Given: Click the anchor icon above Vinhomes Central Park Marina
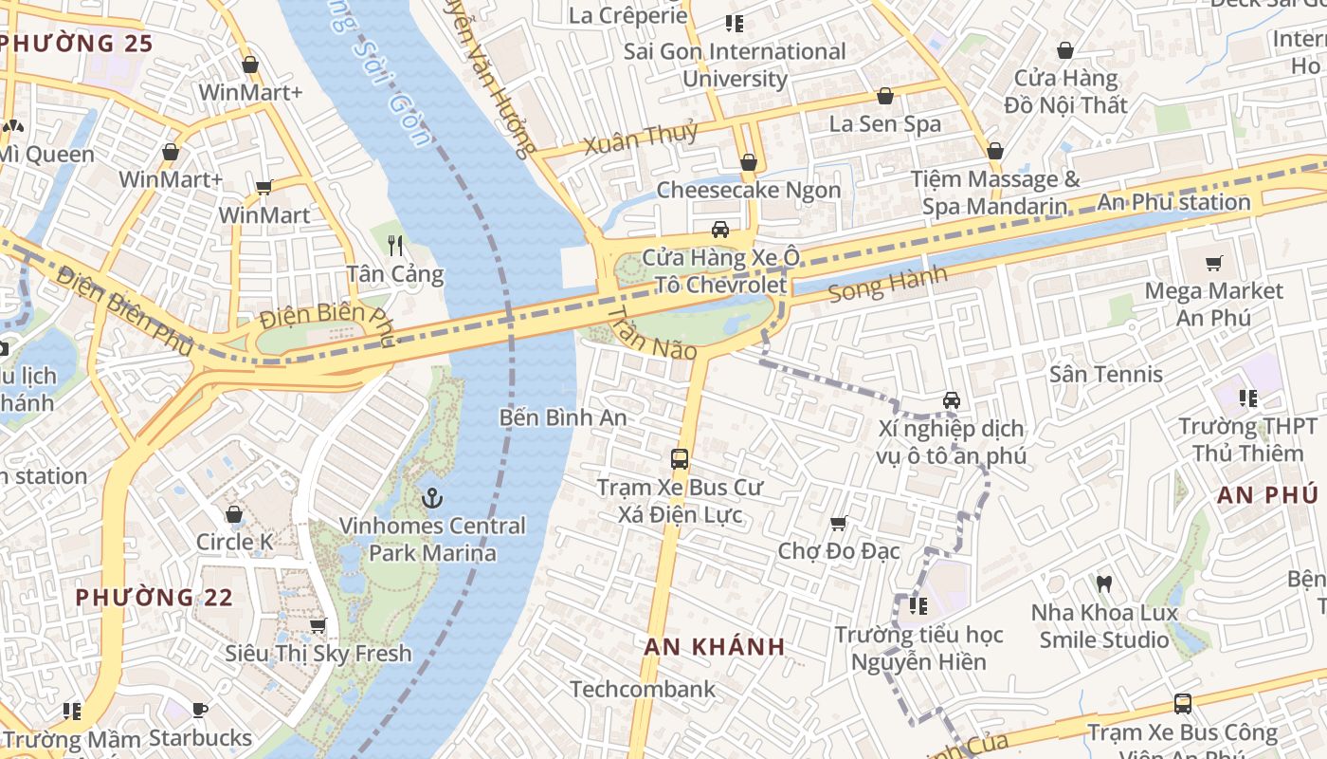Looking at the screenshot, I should (x=432, y=497).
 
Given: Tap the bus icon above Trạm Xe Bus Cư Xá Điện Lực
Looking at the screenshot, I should (x=680, y=459).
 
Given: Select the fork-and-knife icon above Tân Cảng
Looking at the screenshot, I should (x=395, y=246).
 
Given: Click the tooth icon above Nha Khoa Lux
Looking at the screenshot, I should (x=1103, y=583).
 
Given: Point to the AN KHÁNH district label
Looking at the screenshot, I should (x=715, y=647).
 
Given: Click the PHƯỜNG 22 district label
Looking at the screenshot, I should (x=154, y=598).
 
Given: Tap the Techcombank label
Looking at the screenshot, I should (x=643, y=689).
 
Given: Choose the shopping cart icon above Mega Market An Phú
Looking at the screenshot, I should (x=1213, y=263).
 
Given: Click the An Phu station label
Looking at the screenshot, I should (x=1173, y=202).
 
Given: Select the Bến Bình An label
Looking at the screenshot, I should (x=563, y=417).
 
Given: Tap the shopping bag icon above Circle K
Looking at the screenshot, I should (x=234, y=514).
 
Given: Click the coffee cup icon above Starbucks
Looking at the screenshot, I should (x=200, y=710).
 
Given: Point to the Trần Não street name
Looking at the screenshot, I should (x=651, y=333).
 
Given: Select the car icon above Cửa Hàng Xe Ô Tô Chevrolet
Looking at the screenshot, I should (x=720, y=230).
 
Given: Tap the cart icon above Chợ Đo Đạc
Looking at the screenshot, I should (x=838, y=523).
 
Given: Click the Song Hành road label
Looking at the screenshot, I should (x=887, y=284).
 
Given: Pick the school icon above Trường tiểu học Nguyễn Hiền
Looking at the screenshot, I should (x=917, y=605).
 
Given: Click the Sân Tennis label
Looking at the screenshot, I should (x=1105, y=374).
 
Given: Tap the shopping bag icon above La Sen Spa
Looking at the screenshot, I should (x=884, y=96).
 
